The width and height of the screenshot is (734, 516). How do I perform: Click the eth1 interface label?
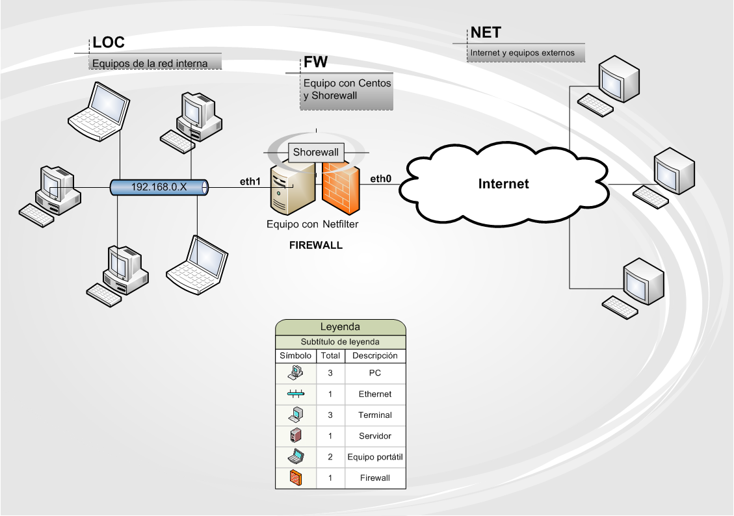click(250, 181)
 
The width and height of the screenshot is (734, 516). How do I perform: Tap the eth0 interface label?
click(380, 179)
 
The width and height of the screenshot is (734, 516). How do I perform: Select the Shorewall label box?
click(316, 153)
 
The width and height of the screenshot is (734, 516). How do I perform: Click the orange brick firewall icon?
click(341, 188)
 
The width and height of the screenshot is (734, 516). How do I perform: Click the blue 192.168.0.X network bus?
click(159, 187)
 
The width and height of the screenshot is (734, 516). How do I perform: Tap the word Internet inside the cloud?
click(503, 184)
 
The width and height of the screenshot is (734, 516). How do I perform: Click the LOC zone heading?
click(109, 43)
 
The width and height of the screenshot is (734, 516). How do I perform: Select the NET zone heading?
click(486, 32)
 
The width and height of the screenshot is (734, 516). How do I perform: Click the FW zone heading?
click(315, 62)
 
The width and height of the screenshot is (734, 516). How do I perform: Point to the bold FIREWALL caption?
click(316, 245)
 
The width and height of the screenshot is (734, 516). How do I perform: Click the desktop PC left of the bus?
click(50, 196)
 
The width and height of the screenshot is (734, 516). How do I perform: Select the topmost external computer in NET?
click(608, 86)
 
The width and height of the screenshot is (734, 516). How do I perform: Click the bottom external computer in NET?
click(633, 288)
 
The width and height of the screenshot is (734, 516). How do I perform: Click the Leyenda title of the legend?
click(340, 327)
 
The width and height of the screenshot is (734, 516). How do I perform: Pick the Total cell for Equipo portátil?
click(330, 457)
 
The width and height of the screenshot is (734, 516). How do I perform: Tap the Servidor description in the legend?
click(375, 436)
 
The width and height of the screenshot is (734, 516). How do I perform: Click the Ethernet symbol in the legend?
click(296, 394)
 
